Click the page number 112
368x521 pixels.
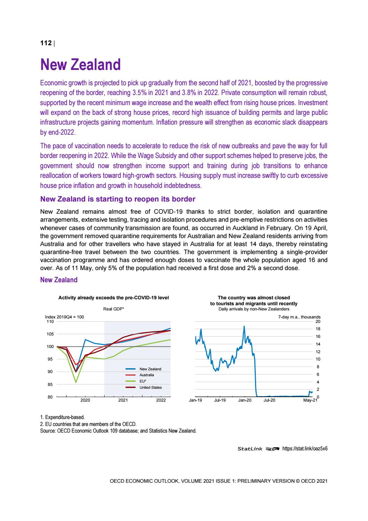tap(46, 43)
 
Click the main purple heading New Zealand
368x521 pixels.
tap(80, 65)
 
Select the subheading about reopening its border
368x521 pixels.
tap(118, 199)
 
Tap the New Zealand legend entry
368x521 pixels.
tap(150, 369)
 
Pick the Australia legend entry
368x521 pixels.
tap(146, 375)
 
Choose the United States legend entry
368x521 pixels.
tap(150, 387)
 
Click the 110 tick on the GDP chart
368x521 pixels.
tap(50, 322)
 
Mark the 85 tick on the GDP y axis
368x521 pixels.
tap(50, 385)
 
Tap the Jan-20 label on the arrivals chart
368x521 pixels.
tap(245, 401)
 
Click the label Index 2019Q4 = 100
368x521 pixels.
tap(65, 317)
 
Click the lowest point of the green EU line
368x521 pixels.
tap(76, 382)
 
